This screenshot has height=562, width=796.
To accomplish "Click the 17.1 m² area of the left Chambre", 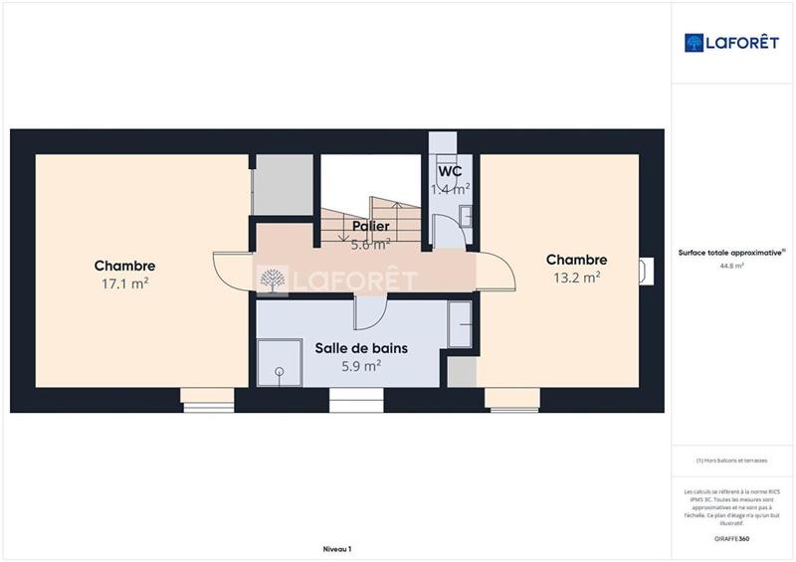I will [124, 283].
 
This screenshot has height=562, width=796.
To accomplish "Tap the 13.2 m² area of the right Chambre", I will [576, 278].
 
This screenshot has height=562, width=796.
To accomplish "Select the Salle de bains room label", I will [361, 348].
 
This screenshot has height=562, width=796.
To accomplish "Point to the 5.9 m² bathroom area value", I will [361, 366].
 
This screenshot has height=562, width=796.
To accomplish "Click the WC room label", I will [451, 170].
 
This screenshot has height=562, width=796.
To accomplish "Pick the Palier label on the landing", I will [369, 226].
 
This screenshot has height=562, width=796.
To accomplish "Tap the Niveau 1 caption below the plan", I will [337, 549].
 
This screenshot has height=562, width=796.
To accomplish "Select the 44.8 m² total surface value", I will [731, 266].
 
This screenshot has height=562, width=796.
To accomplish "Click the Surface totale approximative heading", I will [731, 253].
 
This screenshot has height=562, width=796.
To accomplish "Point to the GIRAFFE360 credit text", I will [731, 538].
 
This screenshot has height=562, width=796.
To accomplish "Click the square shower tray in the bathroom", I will [279, 362].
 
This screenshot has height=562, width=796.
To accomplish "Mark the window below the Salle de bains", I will [356, 401].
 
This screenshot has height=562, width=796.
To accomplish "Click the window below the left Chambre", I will [208, 400].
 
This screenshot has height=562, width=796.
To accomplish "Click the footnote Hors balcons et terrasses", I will [731, 460].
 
